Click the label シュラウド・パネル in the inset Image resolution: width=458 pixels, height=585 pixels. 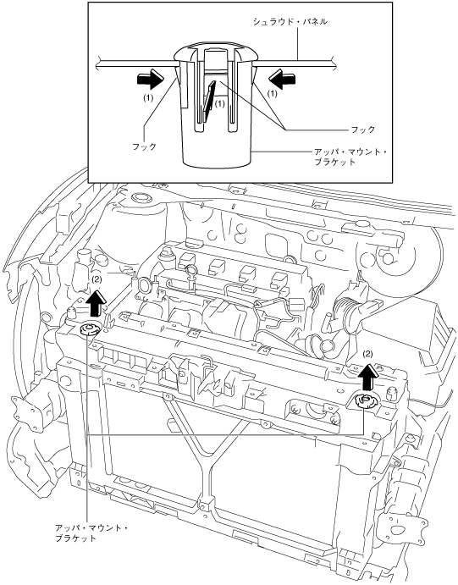[290, 22]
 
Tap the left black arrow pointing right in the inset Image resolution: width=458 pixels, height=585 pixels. [151, 79]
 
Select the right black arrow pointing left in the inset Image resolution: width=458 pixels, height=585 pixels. [282, 79]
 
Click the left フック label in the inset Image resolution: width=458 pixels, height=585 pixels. [144, 146]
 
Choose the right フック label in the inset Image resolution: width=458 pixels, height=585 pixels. [363, 130]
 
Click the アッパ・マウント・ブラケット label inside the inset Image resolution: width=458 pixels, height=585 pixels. [350, 157]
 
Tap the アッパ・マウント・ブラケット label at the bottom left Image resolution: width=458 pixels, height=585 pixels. [91, 533]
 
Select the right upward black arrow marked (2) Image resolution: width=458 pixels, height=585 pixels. [370, 376]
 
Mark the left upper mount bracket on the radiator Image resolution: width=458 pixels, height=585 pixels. [88, 329]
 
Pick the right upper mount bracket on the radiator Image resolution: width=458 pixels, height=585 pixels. [364, 400]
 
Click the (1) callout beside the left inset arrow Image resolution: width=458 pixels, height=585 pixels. [148, 97]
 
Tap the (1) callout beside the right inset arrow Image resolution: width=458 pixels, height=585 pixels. [273, 94]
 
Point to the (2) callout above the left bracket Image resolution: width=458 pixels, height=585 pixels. [97, 279]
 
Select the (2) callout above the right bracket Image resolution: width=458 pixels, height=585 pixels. [367, 353]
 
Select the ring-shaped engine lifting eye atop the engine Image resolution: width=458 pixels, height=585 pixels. [190, 270]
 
